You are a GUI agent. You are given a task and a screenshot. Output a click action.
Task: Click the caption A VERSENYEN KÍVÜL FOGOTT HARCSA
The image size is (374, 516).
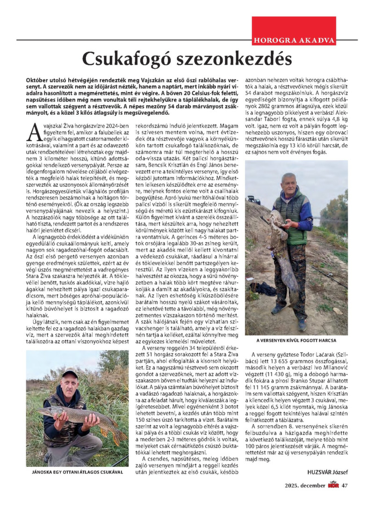click(x=296, y=340)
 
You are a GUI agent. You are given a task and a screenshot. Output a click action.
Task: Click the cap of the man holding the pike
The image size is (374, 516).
click(x=70, y=374)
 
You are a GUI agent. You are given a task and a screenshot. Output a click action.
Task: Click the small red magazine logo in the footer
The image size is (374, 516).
click(x=333, y=498)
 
